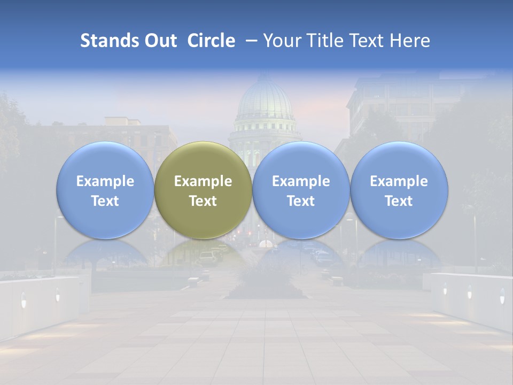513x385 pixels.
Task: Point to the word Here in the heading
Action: pos(410,41)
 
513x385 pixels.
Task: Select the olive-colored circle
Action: pos(203,190)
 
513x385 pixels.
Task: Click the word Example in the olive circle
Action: pos(203,181)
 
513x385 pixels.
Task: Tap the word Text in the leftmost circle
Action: pos(105,201)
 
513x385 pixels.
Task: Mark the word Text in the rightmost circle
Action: pos(399,201)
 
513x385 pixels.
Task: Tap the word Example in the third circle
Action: pos(301,181)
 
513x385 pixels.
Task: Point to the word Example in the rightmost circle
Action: pos(399,181)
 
